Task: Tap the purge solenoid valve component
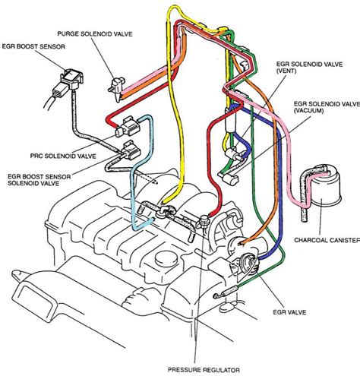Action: coord(115,84)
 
